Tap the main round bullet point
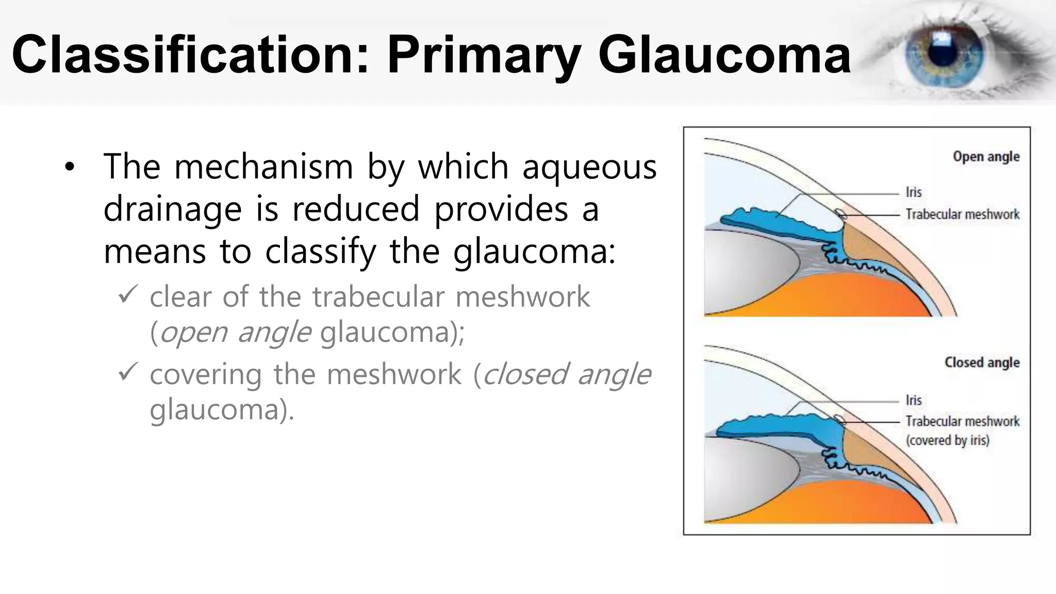tap(70, 168)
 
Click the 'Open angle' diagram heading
tap(985, 157)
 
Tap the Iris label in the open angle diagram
tap(913, 192)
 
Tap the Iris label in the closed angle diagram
tap(913, 400)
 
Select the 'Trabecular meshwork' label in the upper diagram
tap(962, 214)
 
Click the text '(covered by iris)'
tap(947, 440)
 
